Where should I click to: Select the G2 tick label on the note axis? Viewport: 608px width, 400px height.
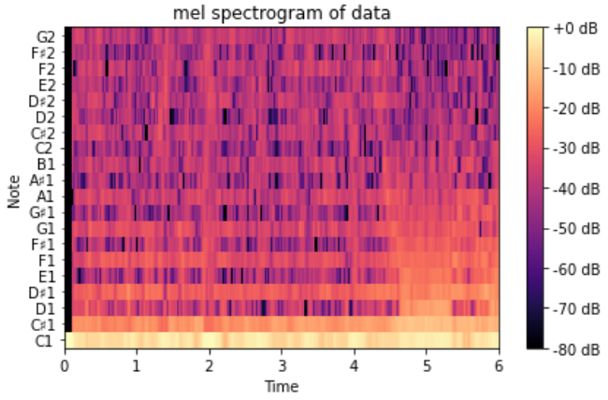(x=46, y=36)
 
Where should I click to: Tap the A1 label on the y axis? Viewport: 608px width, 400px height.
(x=46, y=197)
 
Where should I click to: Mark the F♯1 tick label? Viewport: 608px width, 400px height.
(x=44, y=245)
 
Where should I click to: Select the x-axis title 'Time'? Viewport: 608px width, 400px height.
(x=282, y=385)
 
